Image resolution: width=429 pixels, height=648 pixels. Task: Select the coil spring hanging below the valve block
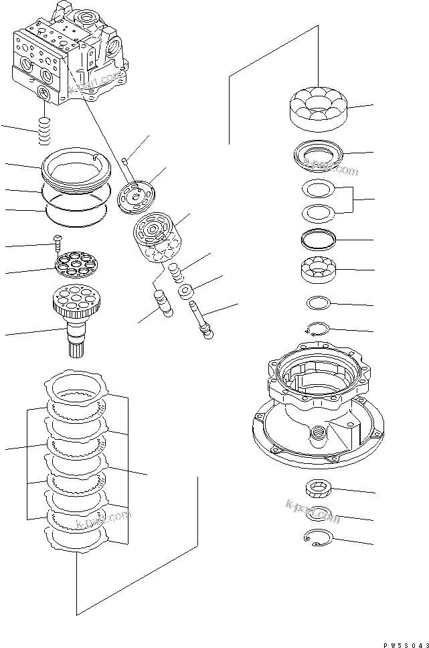(45, 130)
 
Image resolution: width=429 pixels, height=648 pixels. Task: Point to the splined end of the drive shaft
(81, 344)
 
